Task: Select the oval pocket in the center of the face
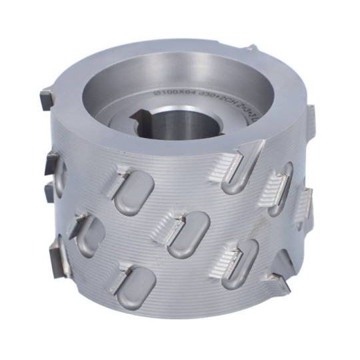point(191,235)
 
